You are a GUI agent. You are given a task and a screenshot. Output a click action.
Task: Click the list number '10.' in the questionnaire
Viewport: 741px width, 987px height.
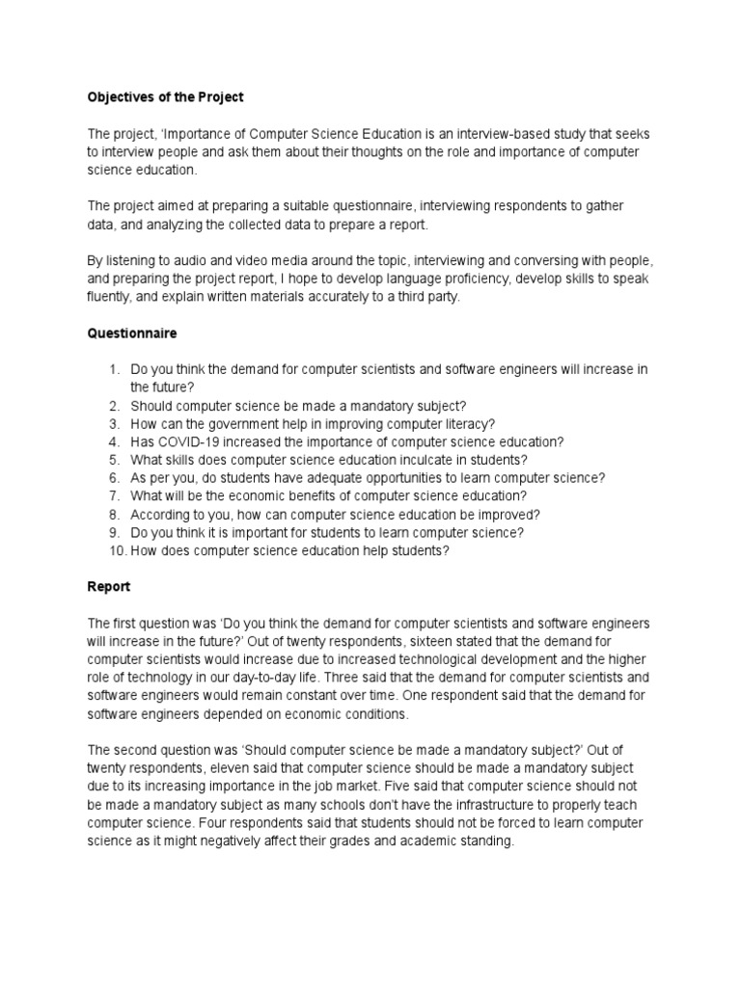[x=116, y=551]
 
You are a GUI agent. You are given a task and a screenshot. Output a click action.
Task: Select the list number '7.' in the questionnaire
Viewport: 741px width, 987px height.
[x=114, y=496]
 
